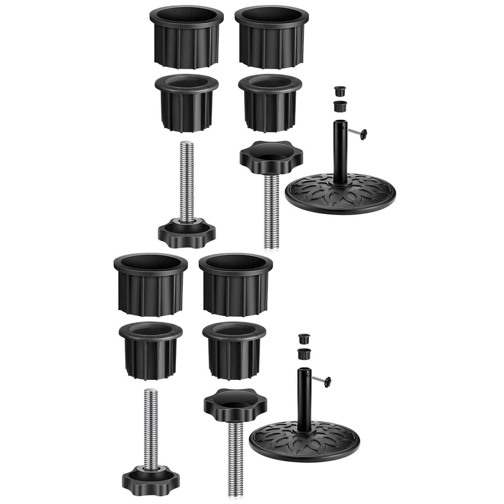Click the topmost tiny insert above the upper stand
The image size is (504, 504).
pyautogui.click(x=340, y=91)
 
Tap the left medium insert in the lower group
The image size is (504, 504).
pyautogui.click(x=151, y=350)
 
